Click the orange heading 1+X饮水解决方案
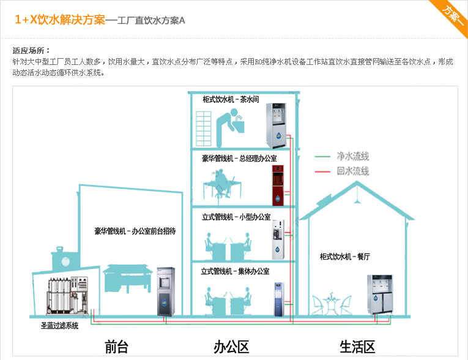click(x=60, y=20)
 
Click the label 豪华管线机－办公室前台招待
click(x=135, y=231)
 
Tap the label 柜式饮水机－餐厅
click(x=344, y=256)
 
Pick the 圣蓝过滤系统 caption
click(x=56, y=326)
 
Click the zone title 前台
click(x=116, y=347)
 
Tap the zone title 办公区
click(x=231, y=347)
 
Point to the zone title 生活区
click(x=357, y=347)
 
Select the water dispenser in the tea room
click(x=279, y=126)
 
